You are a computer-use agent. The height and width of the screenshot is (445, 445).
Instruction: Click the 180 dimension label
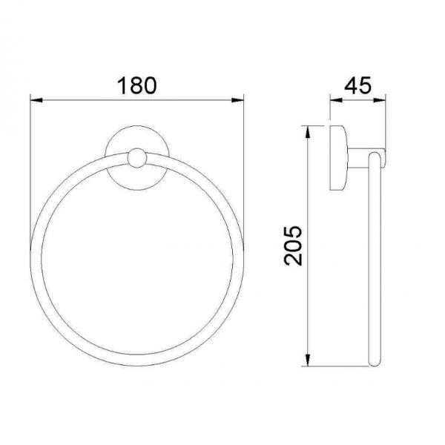coord(136,85)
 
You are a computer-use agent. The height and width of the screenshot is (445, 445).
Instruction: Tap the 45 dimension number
coord(357,85)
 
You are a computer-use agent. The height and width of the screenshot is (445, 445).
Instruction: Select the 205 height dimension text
coord(294,245)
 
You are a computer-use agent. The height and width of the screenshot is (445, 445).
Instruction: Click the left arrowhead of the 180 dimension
coord(36,100)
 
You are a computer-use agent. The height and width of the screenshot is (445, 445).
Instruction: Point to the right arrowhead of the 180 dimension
coord(237,100)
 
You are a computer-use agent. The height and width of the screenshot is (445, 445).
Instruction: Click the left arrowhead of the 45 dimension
coord(336,100)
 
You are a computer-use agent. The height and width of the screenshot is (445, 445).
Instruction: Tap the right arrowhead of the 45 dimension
coord(380,100)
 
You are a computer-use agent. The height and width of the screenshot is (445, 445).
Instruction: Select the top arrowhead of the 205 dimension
coord(307,132)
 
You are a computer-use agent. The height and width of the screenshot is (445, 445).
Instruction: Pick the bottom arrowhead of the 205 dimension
coord(307,360)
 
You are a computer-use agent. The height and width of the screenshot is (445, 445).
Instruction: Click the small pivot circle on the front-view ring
coord(137,158)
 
